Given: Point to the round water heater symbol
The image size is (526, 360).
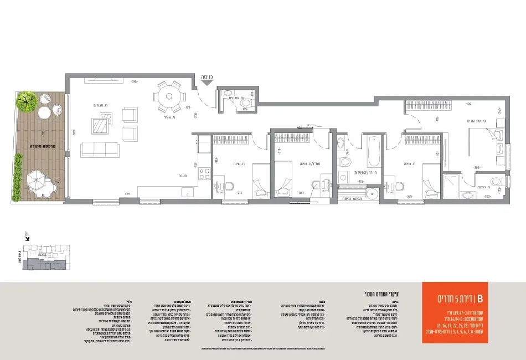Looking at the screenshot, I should point(373,193).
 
